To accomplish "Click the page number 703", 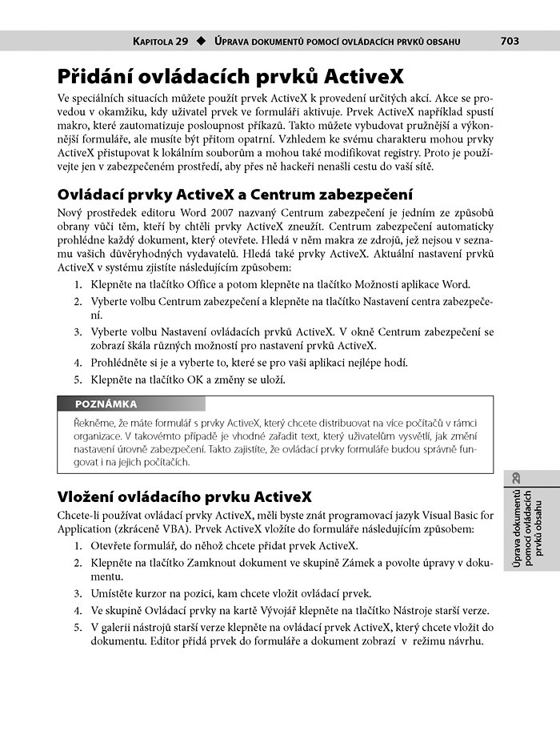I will [x=510, y=41].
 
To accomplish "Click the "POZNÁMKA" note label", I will [x=106, y=404].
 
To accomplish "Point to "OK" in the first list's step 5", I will [x=197, y=380].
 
